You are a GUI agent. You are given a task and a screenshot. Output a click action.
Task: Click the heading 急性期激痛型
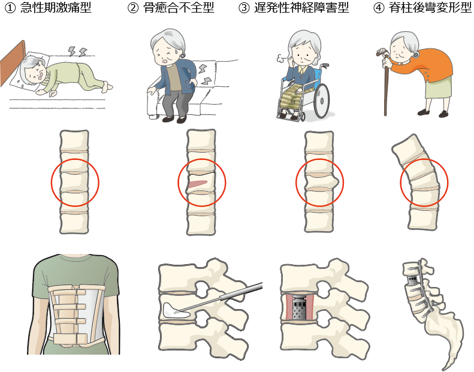(x=56, y=8)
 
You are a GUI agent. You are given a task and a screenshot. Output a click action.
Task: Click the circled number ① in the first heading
(x=10, y=8)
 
